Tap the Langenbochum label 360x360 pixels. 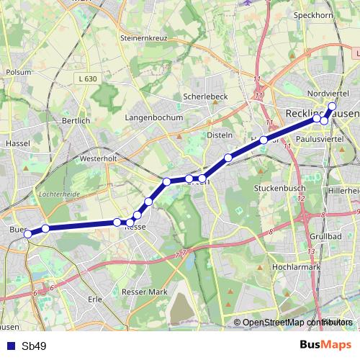(154, 117)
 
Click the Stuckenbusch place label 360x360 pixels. (279, 188)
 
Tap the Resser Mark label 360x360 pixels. (147, 292)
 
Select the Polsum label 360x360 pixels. (19, 72)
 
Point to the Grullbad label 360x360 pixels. (325, 236)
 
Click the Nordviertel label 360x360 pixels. (328, 94)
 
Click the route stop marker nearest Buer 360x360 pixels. (28, 234)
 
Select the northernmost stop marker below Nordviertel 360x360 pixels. (332, 107)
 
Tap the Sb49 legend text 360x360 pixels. (34, 346)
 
